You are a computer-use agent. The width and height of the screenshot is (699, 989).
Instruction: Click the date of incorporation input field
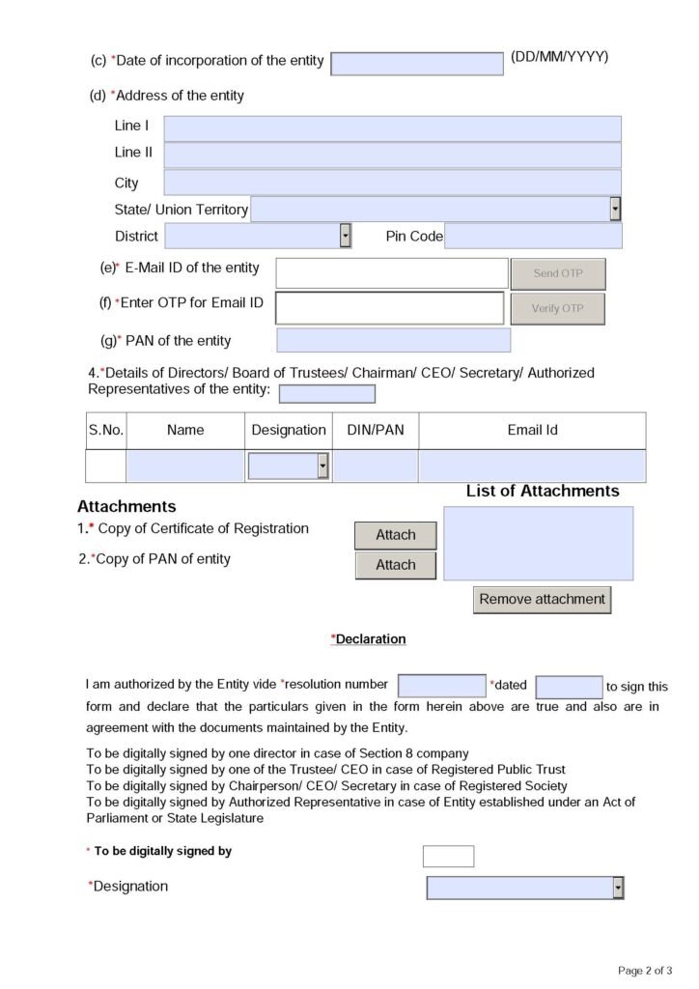[x=416, y=64]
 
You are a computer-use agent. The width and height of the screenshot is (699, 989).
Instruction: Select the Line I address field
[x=392, y=128]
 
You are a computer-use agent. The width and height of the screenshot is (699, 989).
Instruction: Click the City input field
[x=392, y=183]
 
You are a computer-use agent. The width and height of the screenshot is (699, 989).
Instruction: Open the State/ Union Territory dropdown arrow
[x=615, y=210]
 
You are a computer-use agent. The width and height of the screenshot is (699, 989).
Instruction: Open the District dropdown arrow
[x=345, y=236]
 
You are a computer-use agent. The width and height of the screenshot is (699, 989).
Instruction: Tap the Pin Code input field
[x=533, y=236]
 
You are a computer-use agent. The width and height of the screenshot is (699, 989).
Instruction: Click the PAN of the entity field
[x=393, y=340]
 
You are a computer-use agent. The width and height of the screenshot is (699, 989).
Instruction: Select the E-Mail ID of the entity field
[x=391, y=272]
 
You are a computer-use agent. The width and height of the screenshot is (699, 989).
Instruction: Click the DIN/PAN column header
[x=376, y=430]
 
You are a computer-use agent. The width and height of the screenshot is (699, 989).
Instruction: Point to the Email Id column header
[x=532, y=430]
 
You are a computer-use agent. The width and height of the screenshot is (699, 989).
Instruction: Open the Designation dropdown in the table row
[x=322, y=466]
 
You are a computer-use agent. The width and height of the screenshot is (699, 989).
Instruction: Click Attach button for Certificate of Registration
[x=396, y=535]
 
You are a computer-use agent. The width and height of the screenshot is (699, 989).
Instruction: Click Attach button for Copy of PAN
[x=396, y=565]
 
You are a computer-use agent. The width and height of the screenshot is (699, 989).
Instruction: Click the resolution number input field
[x=441, y=686]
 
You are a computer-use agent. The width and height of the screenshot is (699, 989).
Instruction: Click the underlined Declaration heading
[x=369, y=639]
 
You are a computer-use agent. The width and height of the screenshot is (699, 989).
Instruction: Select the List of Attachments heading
[x=543, y=491]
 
